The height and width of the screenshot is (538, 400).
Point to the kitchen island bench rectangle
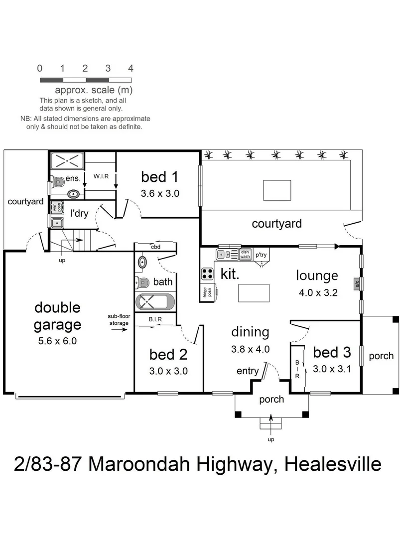click(x=254, y=292)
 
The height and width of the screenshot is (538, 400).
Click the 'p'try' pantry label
click(x=261, y=255)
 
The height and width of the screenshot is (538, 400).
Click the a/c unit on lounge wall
click(x=357, y=283)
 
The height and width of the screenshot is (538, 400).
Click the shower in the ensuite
click(x=67, y=161)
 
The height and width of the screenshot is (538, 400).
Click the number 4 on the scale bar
click(x=131, y=68)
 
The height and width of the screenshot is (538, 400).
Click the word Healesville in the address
click(x=333, y=464)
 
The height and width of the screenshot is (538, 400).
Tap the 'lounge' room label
click(x=317, y=275)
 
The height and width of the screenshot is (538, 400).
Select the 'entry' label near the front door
click(x=248, y=371)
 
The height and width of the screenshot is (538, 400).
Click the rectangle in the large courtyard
click(x=277, y=190)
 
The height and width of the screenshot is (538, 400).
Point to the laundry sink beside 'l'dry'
click(x=56, y=222)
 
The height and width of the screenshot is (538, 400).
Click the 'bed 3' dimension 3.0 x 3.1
click(x=331, y=369)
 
